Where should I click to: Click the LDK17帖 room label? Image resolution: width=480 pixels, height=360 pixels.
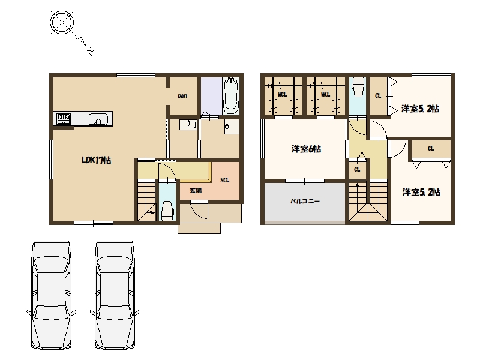point(96,160)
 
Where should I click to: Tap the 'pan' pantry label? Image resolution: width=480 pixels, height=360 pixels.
point(182,96)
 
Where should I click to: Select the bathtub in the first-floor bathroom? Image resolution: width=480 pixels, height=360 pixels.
point(230,95)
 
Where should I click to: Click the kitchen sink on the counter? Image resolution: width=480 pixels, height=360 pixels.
point(98,119)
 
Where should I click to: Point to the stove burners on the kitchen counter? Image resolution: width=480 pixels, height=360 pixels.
point(64,119)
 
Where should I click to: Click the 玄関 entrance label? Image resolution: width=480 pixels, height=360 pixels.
point(196,190)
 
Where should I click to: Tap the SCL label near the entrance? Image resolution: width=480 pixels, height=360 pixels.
point(224,181)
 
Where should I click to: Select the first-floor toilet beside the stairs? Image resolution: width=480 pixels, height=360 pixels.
point(167,211)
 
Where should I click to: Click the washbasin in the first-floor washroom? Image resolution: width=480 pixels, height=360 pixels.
point(189,125)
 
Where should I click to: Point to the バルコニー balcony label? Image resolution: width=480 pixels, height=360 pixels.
point(305,201)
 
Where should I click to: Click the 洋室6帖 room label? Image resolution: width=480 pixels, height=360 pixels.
point(306,149)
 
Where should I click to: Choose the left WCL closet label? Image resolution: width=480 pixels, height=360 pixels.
point(282,95)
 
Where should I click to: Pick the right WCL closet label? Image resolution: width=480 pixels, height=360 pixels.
point(325,95)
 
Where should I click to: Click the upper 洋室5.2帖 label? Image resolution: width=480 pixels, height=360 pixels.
point(421,109)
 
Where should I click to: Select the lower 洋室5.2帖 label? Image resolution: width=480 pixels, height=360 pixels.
point(421,192)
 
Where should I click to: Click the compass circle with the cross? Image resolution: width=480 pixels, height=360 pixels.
point(62,22)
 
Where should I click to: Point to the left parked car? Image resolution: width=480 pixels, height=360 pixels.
point(52,295)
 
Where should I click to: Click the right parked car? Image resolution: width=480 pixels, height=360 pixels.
point(115,295)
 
